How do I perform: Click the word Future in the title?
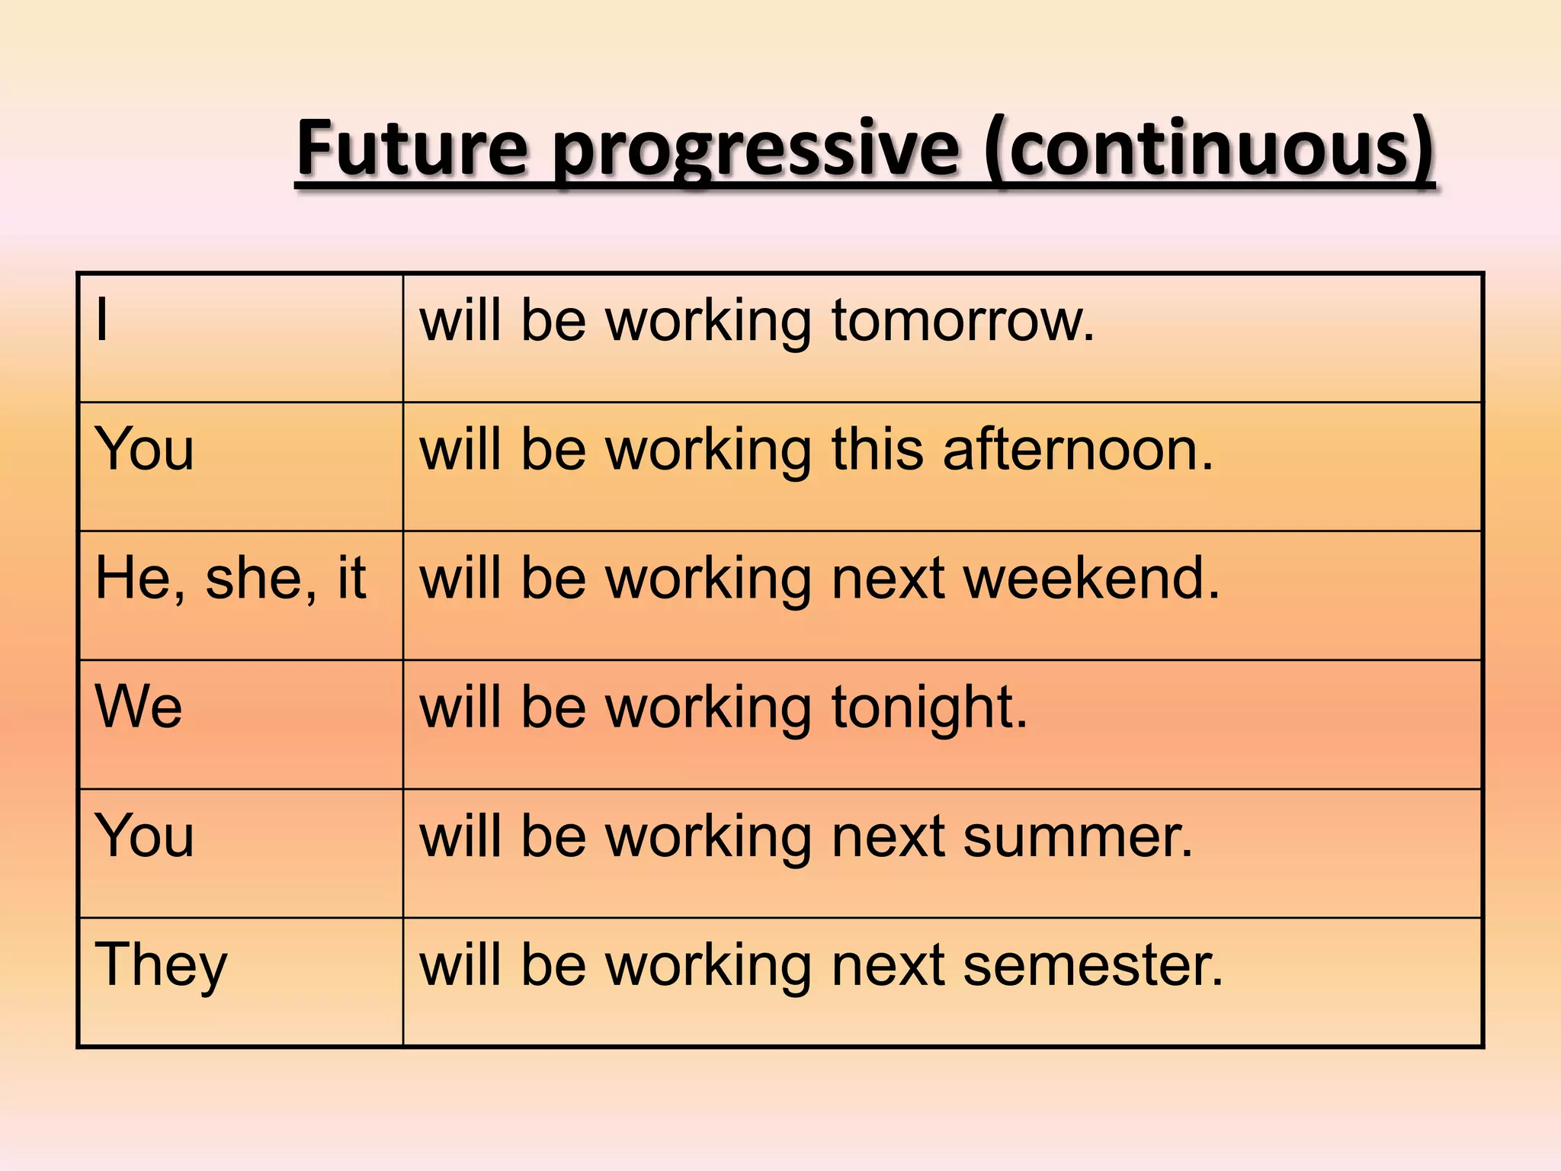pos(412,149)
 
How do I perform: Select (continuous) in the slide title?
pos(1208,149)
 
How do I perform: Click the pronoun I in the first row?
pos(102,320)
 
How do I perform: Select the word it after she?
pos(351,578)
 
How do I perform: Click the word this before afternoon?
pos(877,449)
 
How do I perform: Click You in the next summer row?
pos(144,836)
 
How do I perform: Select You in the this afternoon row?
pos(144,449)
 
